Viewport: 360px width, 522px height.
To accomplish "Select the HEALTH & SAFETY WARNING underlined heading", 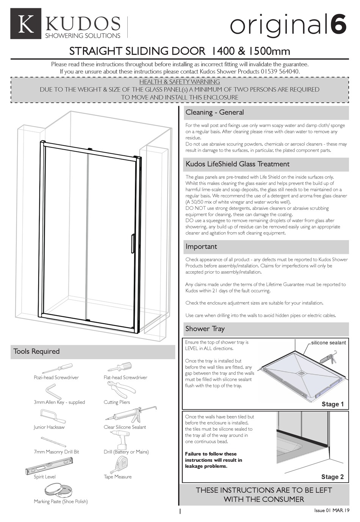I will [x=180, y=82].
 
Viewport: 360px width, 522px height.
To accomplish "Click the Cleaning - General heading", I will [x=214, y=113].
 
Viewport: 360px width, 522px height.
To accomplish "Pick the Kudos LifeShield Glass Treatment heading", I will [x=237, y=164].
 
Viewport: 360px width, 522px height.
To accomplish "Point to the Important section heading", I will [x=201, y=247].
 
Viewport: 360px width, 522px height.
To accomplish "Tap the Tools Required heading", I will [x=36, y=352].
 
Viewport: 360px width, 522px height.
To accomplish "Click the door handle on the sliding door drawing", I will [x=132, y=243].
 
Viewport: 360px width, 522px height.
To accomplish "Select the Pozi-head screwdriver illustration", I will [x=57, y=368].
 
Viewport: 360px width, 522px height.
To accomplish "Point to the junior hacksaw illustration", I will [x=54, y=416].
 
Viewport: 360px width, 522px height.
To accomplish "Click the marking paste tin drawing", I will [x=58, y=491].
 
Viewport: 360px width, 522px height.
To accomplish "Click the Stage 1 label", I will [x=332, y=404].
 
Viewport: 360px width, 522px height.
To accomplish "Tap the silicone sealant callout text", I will [x=328, y=343].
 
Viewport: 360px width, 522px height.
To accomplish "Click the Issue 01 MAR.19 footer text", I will [x=332, y=510].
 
